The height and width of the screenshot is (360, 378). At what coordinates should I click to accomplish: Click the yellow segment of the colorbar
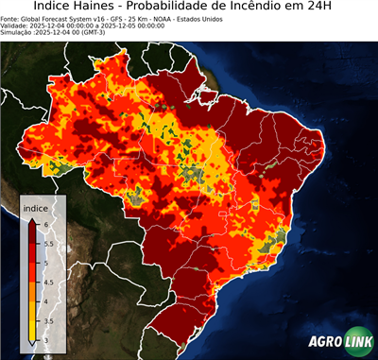[32, 317]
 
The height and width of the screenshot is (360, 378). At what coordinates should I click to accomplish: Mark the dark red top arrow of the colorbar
[32, 219]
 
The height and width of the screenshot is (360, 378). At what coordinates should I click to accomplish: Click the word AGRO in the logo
[323, 343]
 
